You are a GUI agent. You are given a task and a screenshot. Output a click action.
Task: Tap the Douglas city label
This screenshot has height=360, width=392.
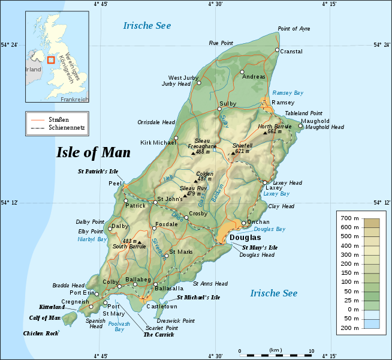[x=245, y=238]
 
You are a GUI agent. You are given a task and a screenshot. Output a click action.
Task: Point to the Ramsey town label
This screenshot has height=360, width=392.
[x=283, y=103]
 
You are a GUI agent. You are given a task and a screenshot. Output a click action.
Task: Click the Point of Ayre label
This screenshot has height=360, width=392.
[x=294, y=29]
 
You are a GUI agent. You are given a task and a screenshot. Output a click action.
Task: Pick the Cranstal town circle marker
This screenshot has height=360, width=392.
[x=277, y=50]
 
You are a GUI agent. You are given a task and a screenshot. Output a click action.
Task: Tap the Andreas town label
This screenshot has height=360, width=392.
[x=254, y=77]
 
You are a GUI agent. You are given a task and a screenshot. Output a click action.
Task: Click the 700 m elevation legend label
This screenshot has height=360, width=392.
[x=349, y=218]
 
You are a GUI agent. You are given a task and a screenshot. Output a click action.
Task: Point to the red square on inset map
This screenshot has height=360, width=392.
[x=51, y=60]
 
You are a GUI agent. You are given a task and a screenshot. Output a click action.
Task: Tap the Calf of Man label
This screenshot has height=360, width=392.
[x=45, y=317]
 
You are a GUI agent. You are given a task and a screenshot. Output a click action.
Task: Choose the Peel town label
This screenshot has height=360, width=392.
[x=115, y=183]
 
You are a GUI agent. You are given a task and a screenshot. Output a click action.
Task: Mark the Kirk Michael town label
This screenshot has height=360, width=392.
[x=155, y=143]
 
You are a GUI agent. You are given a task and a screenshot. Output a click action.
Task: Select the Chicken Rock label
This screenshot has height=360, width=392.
[x=41, y=333]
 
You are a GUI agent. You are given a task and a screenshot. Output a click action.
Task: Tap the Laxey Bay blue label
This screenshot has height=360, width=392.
[x=276, y=194]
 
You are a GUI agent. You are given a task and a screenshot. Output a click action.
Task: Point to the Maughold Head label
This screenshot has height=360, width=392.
[x=324, y=127]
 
